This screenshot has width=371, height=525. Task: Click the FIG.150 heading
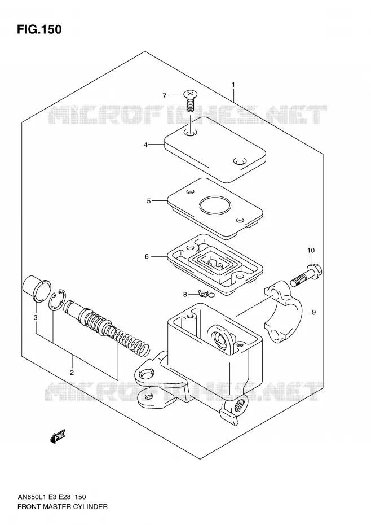pos(39,29)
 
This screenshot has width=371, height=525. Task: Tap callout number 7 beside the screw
pos(164,96)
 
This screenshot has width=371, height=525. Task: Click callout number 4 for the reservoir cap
pos(145,145)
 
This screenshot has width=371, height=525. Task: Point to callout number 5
pos(148,201)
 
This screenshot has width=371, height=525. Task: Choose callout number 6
pos(147,257)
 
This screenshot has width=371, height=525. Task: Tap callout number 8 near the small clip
pos(185,295)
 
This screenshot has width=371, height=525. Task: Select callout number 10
pos(311,250)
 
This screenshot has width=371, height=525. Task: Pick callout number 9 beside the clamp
pos(313,312)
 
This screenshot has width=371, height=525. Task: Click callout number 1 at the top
pos(233,85)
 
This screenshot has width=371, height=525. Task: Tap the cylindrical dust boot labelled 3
pos(36,289)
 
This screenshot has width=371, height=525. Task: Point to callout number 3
pos(36,317)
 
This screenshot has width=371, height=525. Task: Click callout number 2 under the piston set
pos(72,373)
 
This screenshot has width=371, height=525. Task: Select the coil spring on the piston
pos(129,339)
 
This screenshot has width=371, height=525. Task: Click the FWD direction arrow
pos(58,436)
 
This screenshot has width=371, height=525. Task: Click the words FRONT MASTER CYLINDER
pos(63,506)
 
